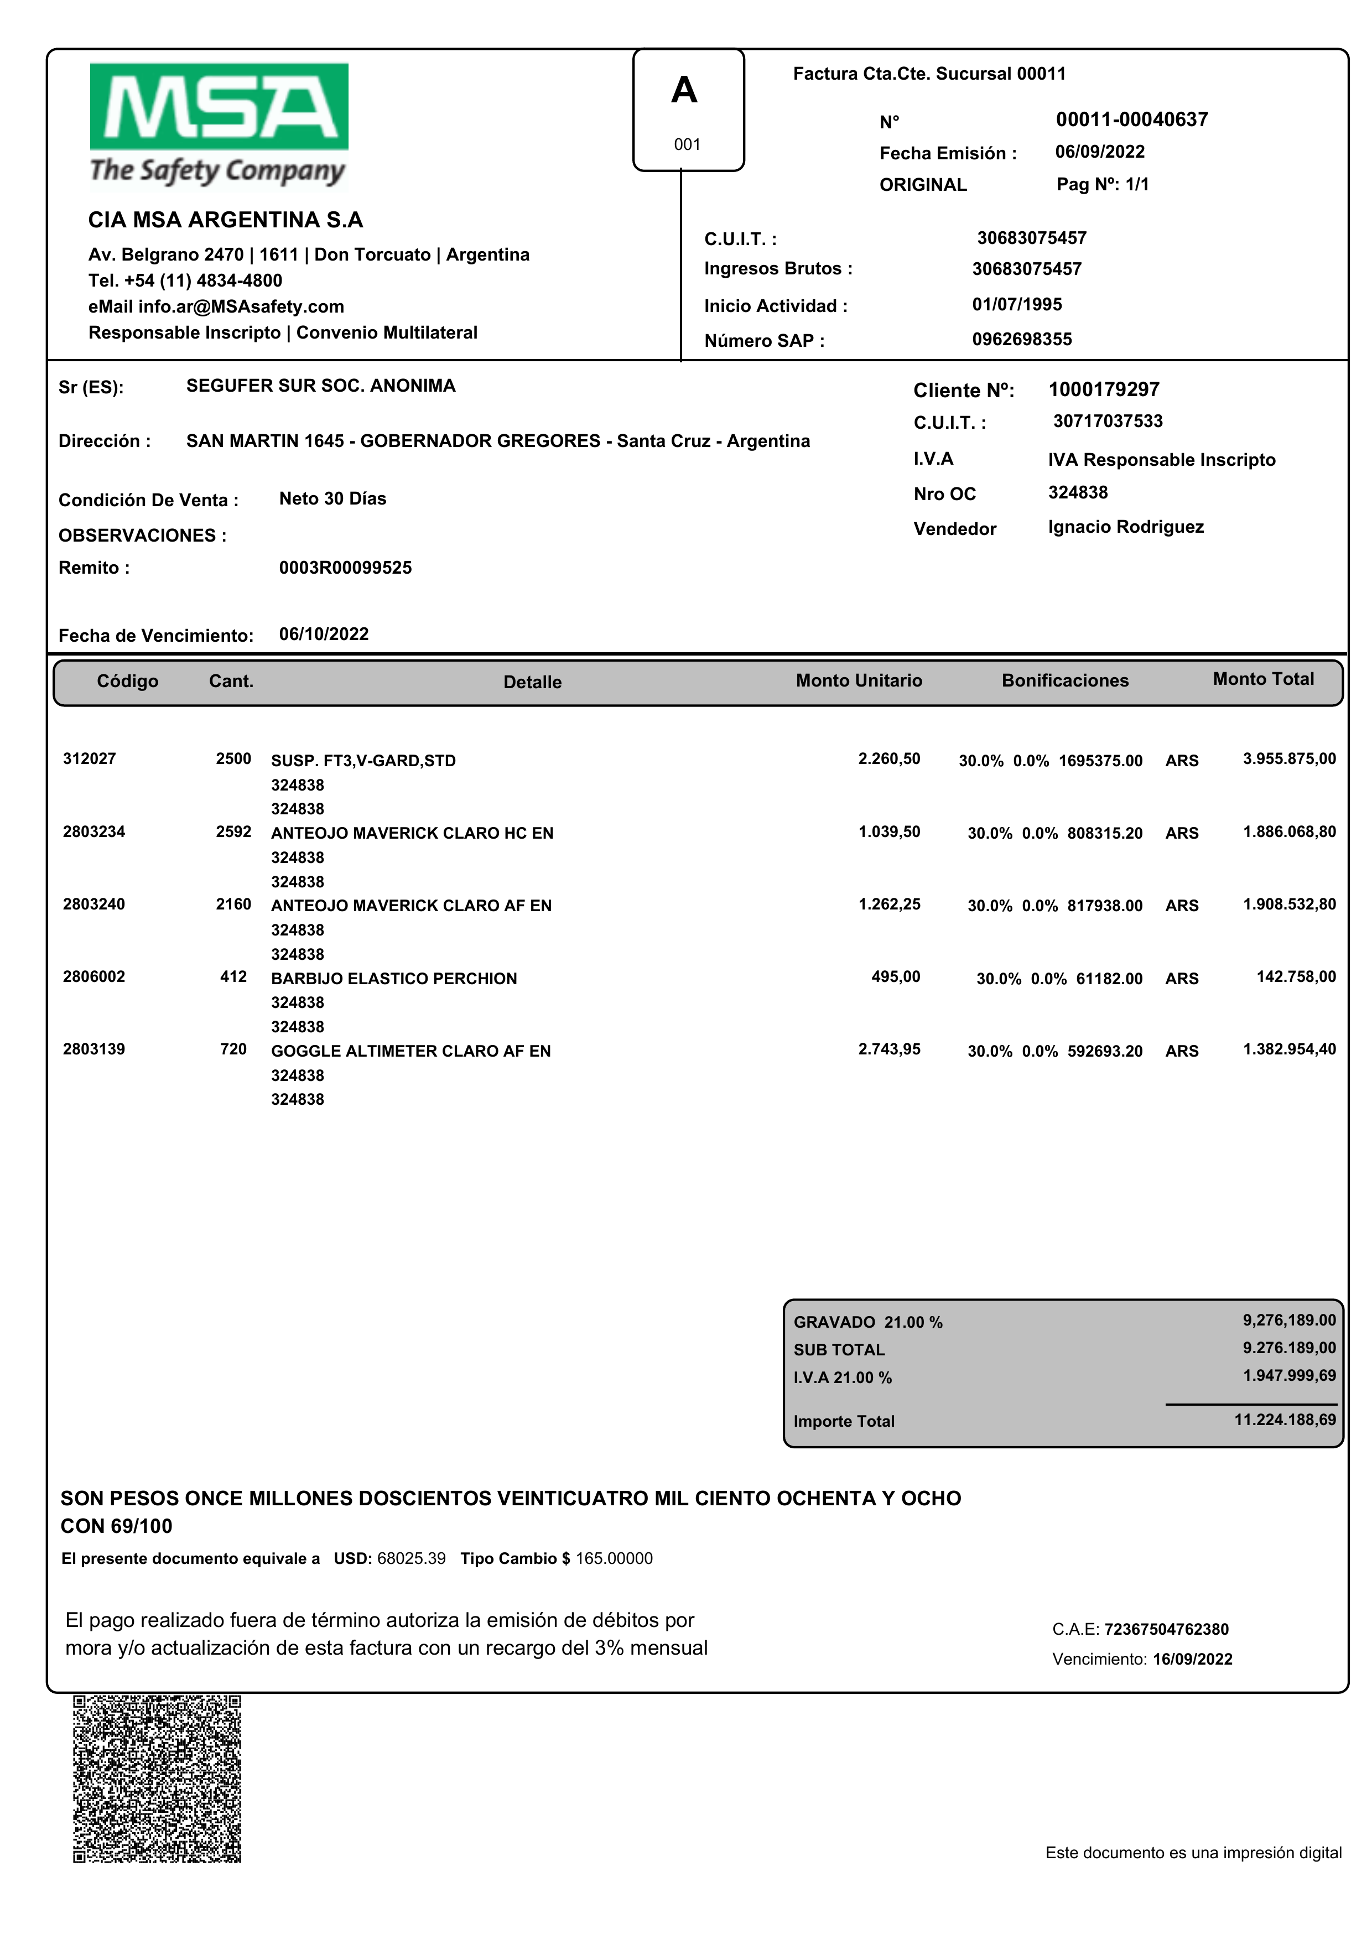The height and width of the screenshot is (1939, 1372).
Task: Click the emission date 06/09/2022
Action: pyautogui.click(x=1099, y=152)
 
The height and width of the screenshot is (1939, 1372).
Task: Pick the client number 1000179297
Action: pyautogui.click(x=1103, y=389)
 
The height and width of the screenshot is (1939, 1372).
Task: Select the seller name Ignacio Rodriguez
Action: pyautogui.click(x=1125, y=527)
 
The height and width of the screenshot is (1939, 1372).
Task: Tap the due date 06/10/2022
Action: pyautogui.click(x=324, y=635)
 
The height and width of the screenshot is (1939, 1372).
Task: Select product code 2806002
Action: pyautogui.click(x=94, y=976)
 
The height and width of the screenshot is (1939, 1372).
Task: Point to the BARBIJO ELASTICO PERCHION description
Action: pyautogui.click(x=394, y=979)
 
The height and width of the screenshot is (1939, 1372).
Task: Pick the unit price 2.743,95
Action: pyautogui.click(x=889, y=1049)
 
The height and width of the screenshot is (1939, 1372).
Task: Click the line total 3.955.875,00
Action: pyautogui.click(x=1288, y=758)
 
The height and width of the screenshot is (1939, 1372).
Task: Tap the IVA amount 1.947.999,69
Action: pyautogui.click(x=1288, y=1375)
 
